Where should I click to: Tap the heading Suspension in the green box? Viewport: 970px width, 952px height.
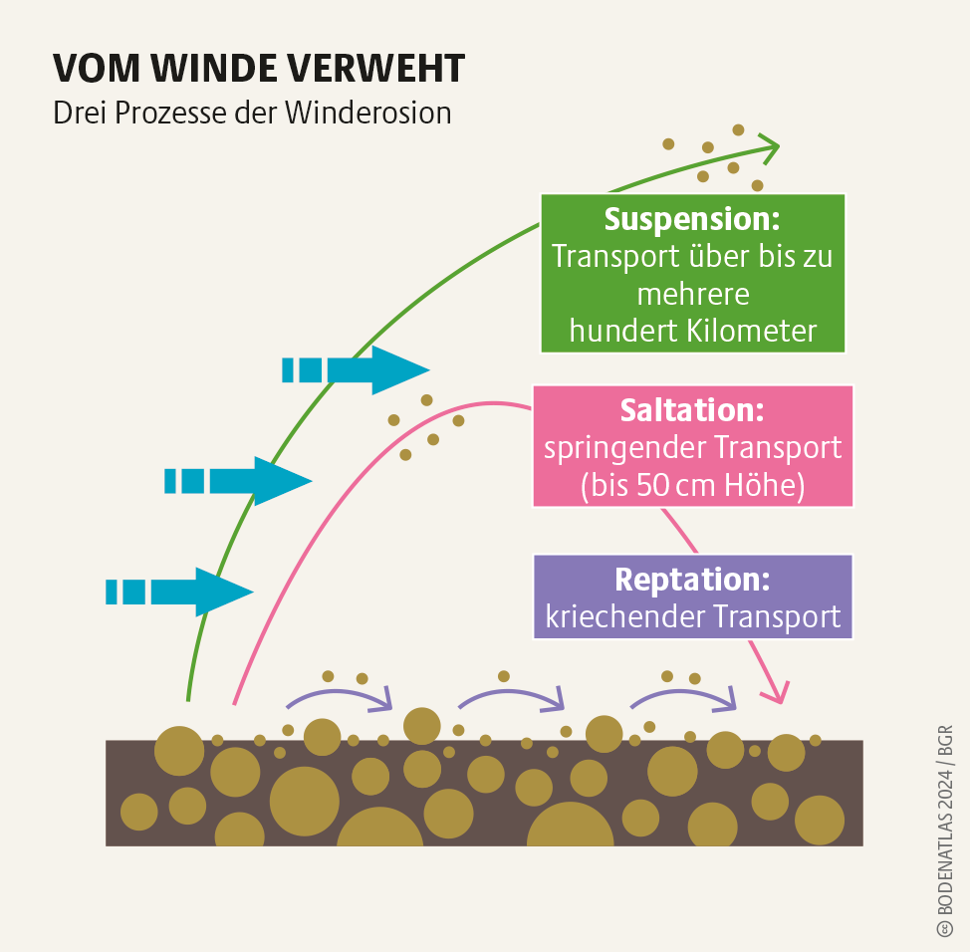(x=691, y=219)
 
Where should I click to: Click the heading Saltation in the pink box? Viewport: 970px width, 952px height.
(x=691, y=409)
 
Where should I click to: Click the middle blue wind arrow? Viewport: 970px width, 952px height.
(x=239, y=481)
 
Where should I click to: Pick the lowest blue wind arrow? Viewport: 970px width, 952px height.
(x=180, y=592)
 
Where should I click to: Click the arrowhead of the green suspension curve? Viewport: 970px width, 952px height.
(x=769, y=146)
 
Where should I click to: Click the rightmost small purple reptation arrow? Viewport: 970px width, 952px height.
(x=685, y=695)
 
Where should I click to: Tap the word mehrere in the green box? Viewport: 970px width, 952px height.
(x=691, y=294)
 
